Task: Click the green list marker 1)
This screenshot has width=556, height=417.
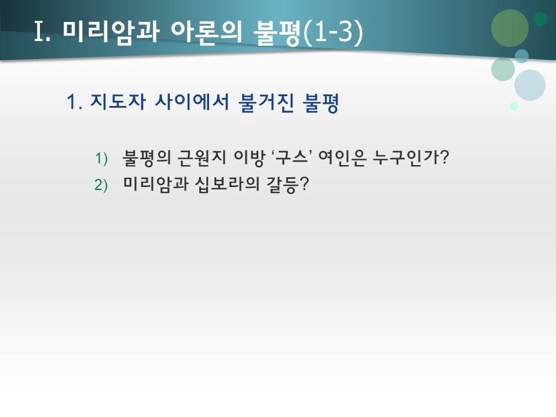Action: click(x=102, y=158)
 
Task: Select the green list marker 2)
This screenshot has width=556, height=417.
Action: click(x=102, y=185)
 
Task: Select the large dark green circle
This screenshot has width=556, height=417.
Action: click(x=510, y=28)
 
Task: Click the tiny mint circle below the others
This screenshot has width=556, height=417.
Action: click(x=514, y=106)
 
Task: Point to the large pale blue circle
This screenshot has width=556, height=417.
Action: click(x=530, y=85)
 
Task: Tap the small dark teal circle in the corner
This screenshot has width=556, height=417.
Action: click(x=540, y=19)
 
